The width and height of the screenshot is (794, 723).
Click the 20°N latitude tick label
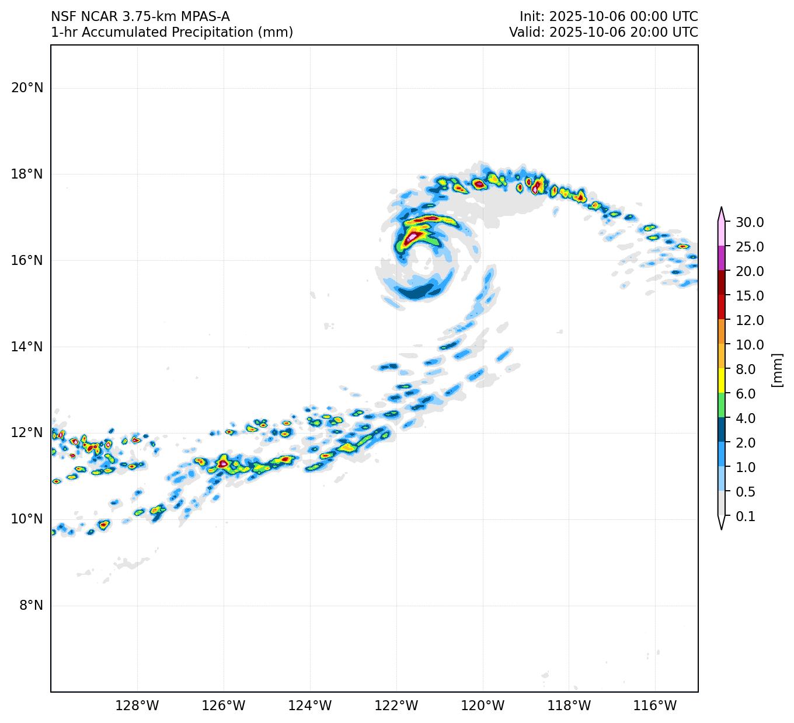27,88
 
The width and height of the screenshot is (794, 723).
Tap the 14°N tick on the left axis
27,347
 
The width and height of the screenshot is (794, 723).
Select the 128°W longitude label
137,706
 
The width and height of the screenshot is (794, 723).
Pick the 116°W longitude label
656,706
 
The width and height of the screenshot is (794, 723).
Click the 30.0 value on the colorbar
750,222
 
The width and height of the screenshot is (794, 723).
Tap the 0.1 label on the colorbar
746,516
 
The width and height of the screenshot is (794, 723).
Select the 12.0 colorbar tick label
750,320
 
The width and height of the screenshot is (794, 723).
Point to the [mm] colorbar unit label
776,369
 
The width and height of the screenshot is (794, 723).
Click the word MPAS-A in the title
204,17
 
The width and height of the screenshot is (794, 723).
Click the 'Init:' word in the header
532,17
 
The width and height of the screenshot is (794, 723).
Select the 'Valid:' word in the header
527,33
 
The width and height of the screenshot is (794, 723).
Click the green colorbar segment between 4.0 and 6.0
722,406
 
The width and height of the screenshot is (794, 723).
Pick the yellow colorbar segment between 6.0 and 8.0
722,381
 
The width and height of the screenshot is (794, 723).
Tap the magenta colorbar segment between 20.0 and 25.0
722,259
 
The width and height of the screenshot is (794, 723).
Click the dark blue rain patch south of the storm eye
419,292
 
